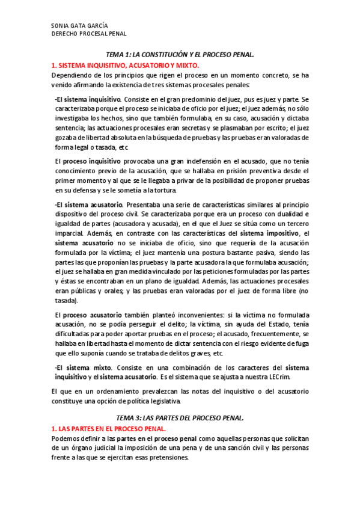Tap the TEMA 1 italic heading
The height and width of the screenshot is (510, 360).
click(x=180, y=54)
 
